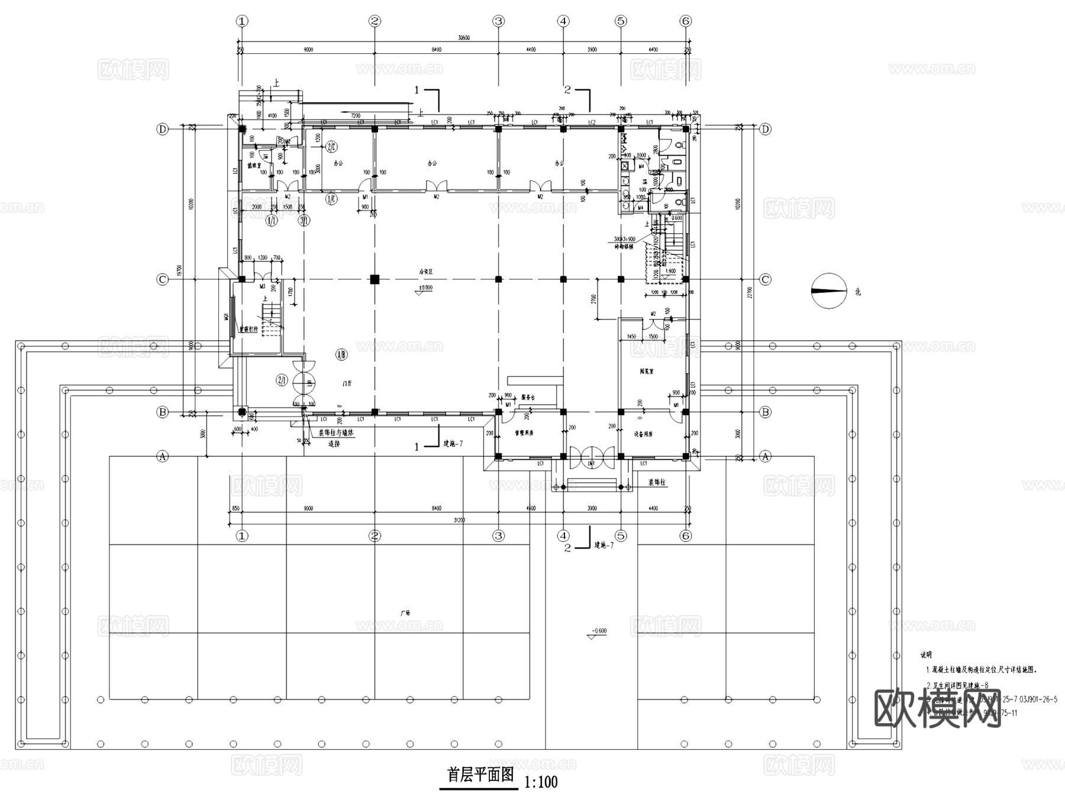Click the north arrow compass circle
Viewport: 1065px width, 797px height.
tap(830, 291)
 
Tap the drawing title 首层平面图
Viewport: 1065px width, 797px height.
tap(480, 775)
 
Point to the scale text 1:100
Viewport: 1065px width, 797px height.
tap(541, 782)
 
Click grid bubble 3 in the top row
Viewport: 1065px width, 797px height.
tap(498, 21)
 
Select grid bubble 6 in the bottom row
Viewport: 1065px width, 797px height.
tap(685, 536)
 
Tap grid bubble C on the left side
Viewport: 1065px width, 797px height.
tap(163, 279)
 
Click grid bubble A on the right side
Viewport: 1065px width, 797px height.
tap(765, 456)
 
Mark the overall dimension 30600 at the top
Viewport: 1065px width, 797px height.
tap(464, 38)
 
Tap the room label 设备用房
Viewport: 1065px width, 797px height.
tap(643, 434)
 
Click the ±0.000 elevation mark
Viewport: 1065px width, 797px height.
tap(425, 288)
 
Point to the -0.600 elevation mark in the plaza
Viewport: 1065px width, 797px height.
tap(599, 631)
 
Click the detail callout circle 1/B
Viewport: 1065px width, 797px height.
tap(341, 355)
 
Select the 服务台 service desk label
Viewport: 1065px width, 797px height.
tap(528, 398)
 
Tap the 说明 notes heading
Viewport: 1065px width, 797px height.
tap(925, 655)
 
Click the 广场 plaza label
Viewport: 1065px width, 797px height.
tap(404, 613)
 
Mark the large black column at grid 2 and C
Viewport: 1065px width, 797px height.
tap(374, 279)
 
